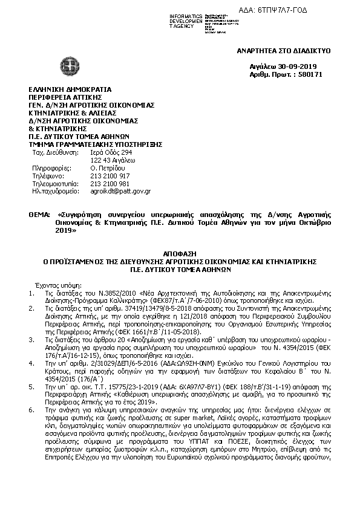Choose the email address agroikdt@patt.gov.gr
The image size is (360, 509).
[120, 191]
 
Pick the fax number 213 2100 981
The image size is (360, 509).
[110, 183]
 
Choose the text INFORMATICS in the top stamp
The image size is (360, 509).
[186, 15]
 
